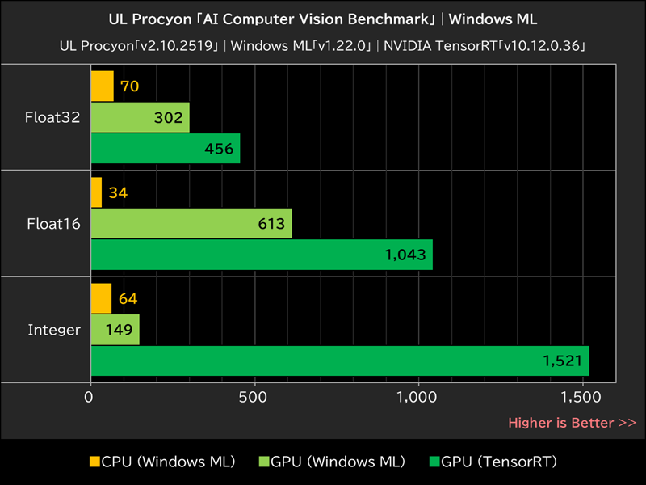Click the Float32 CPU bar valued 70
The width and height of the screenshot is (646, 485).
point(102,86)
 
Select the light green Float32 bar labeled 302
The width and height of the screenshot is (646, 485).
point(140,117)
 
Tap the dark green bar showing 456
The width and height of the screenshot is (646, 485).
point(166,149)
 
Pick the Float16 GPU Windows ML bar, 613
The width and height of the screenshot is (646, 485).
point(191,223)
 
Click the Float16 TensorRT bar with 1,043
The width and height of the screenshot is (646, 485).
point(262,255)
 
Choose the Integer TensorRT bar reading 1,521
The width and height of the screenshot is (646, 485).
point(339,361)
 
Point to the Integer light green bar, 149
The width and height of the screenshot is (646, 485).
point(115,329)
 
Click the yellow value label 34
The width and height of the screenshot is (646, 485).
point(119,192)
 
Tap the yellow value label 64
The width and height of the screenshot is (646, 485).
point(128,298)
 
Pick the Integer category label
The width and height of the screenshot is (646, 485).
point(54,330)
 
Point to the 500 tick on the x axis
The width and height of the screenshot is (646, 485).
point(254,397)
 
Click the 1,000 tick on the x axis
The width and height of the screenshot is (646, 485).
point(417,397)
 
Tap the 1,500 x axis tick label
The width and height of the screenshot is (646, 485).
point(581,397)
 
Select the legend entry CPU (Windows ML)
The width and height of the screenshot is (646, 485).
point(162,462)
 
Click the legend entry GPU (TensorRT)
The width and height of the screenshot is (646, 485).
point(493,462)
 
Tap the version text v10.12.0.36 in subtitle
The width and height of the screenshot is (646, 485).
point(539,45)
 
